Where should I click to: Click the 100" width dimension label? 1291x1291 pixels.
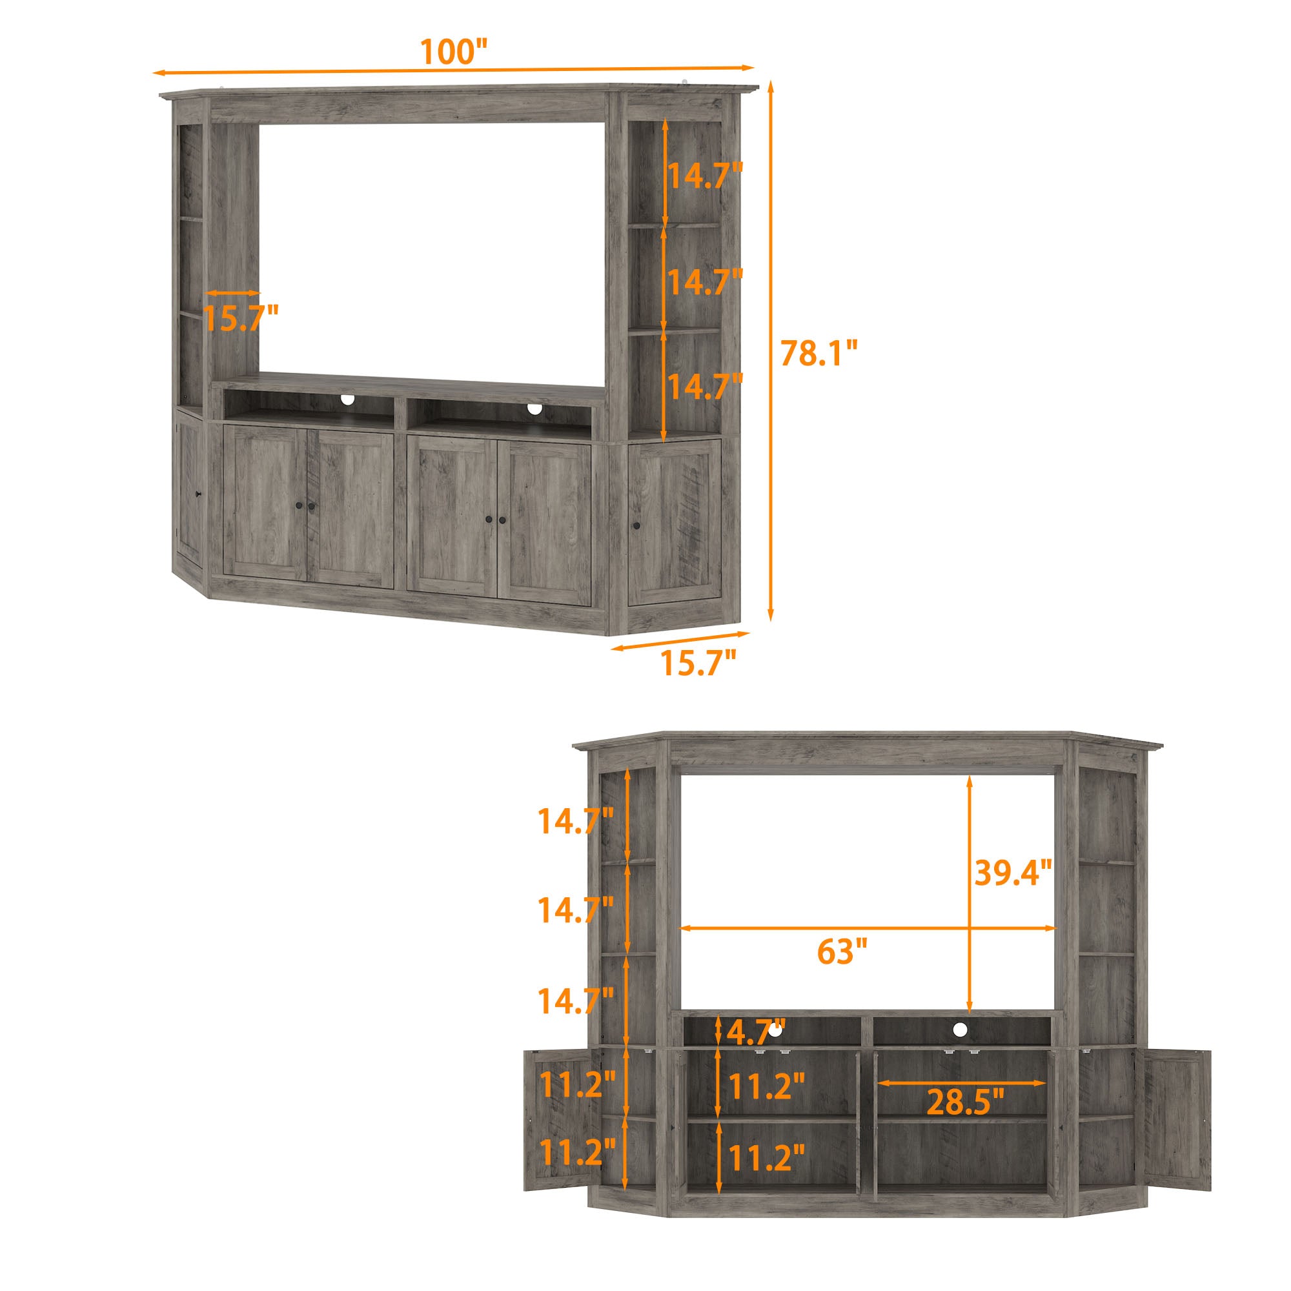tap(454, 52)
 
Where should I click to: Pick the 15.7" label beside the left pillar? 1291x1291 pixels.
tap(240, 318)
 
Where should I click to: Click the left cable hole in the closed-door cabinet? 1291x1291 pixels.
tap(347, 400)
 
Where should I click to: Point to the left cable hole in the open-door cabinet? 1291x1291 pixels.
tap(776, 1049)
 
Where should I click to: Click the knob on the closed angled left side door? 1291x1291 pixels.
tap(198, 494)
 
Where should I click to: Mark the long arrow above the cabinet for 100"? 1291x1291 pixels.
tap(454, 70)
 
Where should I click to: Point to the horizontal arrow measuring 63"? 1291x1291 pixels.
tap(868, 928)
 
